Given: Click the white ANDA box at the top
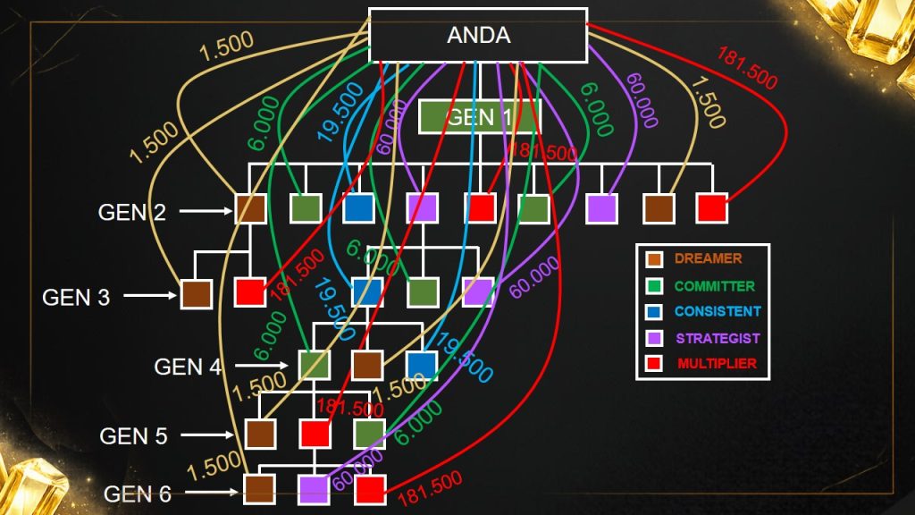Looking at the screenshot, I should pyautogui.click(x=478, y=36).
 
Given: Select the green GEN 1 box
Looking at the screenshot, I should pyautogui.click(x=480, y=116).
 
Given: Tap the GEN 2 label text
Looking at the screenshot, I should pyautogui.click(x=133, y=212).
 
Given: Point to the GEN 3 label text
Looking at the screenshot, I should pyautogui.click(x=76, y=297).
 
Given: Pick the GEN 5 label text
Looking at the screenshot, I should pyautogui.click(x=133, y=436).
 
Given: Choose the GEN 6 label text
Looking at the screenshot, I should pyautogui.click(x=138, y=494).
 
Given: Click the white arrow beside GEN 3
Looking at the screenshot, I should pyautogui.click(x=149, y=294).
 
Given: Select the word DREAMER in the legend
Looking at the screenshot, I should pyautogui.click(x=709, y=259).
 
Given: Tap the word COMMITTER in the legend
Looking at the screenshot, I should pyautogui.click(x=715, y=286).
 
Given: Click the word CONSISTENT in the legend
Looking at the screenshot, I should pyautogui.click(x=718, y=312).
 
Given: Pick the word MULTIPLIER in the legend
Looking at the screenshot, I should pyautogui.click(x=717, y=364).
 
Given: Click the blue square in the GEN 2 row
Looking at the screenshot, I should pyautogui.click(x=358, y=208).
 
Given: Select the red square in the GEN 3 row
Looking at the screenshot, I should pyautogui.click(x=250, y=292).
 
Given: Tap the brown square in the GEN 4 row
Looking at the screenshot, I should pyautogui.click(x=367, y=365).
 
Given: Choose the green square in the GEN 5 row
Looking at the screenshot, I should pyautogui.click(x=368, y=434).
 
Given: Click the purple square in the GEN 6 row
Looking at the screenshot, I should pyautogui.click(x=314, y=489).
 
